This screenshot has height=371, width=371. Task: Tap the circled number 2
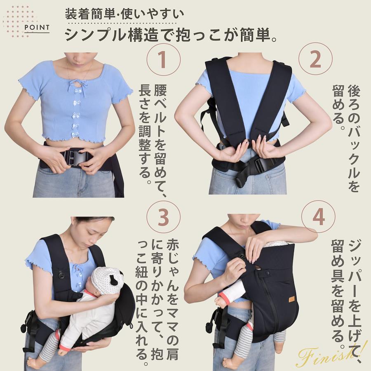pyautogui.click(x=315, y=59)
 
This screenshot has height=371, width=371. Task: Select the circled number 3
pyautogui.click(x=163, y=217)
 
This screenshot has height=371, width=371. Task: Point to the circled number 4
pyautogui.click(x=318, y=217)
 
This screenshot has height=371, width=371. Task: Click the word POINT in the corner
pyautogui.click(x=37, y=28)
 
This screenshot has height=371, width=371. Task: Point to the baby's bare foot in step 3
pyautogui.click(x=33, y=361)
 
